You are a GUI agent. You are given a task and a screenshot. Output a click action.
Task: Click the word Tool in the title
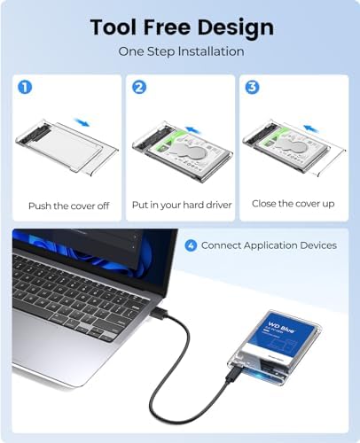click(x=117, y=27)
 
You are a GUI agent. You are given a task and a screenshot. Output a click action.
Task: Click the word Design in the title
click(x=234, y=27)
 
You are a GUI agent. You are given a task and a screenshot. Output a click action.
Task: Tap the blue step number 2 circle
click(x=138, y=88)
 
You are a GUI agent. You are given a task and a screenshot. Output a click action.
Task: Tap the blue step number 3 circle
click(x=252, y=88)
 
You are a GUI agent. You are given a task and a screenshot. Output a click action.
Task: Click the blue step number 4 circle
click(x=191, y=245)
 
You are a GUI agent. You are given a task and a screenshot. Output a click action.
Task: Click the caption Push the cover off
click(x=68, y=206)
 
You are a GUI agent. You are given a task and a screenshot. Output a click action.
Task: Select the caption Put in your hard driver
click(x=181, y=206)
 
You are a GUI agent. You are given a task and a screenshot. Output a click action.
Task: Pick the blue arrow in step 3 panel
click(x=309, y=127)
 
